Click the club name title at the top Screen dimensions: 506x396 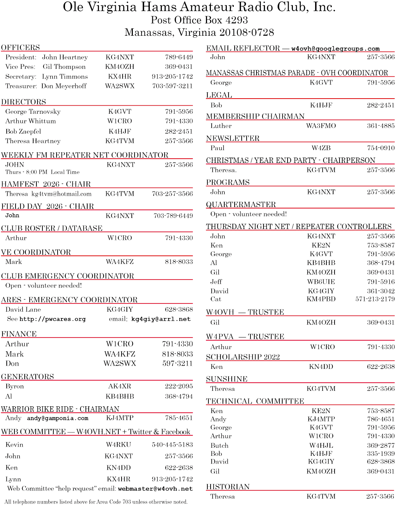(199, 7)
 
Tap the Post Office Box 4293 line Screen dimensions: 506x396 (199, 20)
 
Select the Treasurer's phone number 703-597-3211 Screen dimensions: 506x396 (172, 86)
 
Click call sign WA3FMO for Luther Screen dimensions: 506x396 (321, 126)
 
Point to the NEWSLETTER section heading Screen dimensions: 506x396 (233, 138)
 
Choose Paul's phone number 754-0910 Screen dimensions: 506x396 (380, 148)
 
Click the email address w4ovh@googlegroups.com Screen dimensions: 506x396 (335, 49)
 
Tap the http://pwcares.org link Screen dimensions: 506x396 (52, 319)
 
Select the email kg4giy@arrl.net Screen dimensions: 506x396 (161, 319)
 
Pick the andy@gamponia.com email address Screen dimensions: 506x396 (58, 418)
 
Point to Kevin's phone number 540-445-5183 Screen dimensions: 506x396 (172, 445)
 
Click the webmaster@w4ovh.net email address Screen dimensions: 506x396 (155, 489)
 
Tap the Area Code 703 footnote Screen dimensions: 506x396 (96, 502)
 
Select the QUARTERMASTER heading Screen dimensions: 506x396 (241, 205)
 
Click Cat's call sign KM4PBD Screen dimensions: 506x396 (321, 299)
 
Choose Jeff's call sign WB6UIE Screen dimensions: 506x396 (321, 282)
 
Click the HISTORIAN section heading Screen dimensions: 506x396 (227, 487)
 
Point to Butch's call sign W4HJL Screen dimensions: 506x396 (321, 446)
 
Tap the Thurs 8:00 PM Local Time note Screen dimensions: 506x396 (42, 172)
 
